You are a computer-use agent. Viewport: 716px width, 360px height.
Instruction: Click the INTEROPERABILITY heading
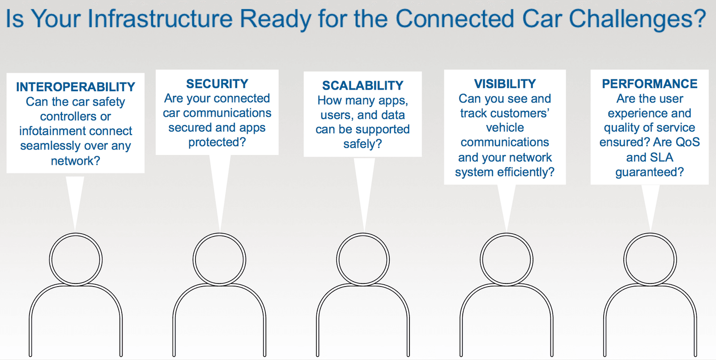[x=76, y=87]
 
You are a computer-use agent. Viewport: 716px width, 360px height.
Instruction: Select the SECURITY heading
[x=217, y=84]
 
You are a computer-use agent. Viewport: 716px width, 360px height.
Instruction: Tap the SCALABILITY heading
[x=362, y=86]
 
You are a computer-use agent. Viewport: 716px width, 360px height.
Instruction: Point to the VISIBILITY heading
[x=505, y=84]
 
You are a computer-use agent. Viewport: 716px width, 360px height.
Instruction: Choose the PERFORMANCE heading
[x=649, y=84]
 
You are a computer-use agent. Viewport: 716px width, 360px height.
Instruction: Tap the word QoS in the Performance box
[x=687, y=142]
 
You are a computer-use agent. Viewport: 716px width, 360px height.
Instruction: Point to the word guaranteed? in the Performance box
[x=649, y=172]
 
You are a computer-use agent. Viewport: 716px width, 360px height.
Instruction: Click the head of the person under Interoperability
[x=76, y=259]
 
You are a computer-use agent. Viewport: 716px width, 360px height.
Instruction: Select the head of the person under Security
[x=219, y=259]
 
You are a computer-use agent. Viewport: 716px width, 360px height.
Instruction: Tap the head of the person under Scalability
[x=362, y=259]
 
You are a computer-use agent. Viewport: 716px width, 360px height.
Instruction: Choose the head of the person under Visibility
[x=507, y=259]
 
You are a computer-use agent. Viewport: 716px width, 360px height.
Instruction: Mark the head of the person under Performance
[x=650, y=259]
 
